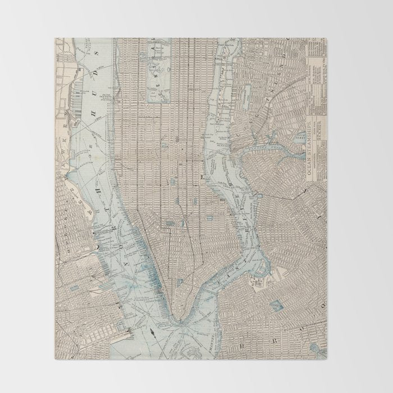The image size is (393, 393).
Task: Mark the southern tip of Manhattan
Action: pos(180,323)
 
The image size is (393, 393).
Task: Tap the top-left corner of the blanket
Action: pos(56,39)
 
